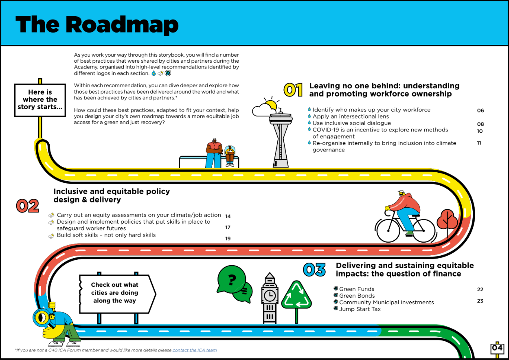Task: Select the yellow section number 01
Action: click(293, 90)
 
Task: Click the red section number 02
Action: click(27, 206)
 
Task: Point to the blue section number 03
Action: click(314, 270)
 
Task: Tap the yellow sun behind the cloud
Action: click(271, 105)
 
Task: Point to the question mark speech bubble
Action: click(232, 279)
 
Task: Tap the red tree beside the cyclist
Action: click(447, 222)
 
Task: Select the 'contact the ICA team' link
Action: click(195, 350)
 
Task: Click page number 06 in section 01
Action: click(480, 110)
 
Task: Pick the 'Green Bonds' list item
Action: click(357, 296)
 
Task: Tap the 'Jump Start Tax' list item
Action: click(360, 309)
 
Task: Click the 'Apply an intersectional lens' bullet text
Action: click(351, 116)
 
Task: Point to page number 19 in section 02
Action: click(228, 239)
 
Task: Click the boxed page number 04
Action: click(497, 348)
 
